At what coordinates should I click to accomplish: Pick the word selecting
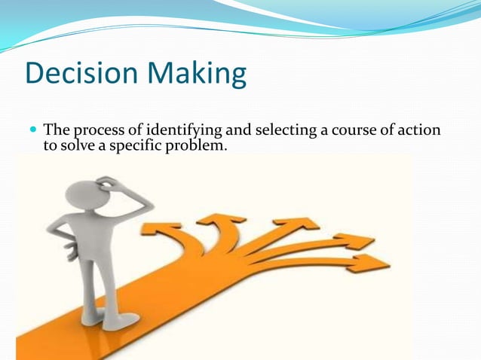[x=285, y=131]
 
